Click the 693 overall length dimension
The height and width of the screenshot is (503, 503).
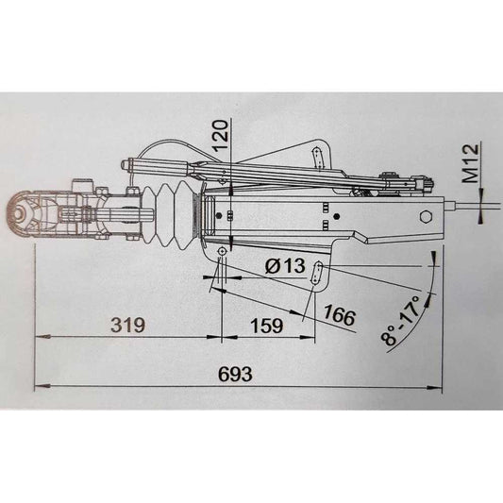[235, 374]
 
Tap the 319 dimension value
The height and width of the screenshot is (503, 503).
[127, 325]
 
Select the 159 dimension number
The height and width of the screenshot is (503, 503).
[267, 326]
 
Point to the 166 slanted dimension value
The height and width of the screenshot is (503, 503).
[340, 314]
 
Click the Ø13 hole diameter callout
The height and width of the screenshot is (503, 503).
[285, 265]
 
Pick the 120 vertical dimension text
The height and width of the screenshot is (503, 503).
[221, 136]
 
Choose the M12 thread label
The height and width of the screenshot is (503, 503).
[471, 163]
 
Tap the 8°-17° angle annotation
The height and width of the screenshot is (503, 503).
[401, 320]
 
